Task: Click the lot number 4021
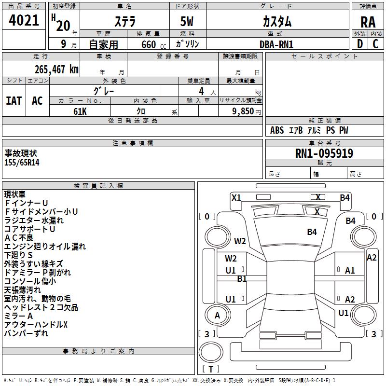tap(24, 21)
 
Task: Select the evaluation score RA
tap(368, 22)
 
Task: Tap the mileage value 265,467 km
tap(56, 69)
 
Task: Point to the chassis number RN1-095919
tap(324, 153)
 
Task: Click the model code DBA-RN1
tap(276, 44)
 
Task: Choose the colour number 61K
tap(80, 111)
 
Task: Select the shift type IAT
tap(14, 100)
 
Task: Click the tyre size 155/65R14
tap(22, 163)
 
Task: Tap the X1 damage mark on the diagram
tap(236, 197)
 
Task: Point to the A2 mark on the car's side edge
tap(372, 258)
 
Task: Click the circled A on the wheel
tap(218, 316)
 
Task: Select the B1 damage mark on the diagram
tap(242, 278)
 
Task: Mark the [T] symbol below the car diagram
tap(210, 369)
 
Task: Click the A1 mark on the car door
tap(350, 271)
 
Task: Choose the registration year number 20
tap(63, 26)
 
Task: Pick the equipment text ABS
tap(277, 130)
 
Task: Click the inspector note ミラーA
tap(19, 316)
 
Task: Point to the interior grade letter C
tap(375, 43)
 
